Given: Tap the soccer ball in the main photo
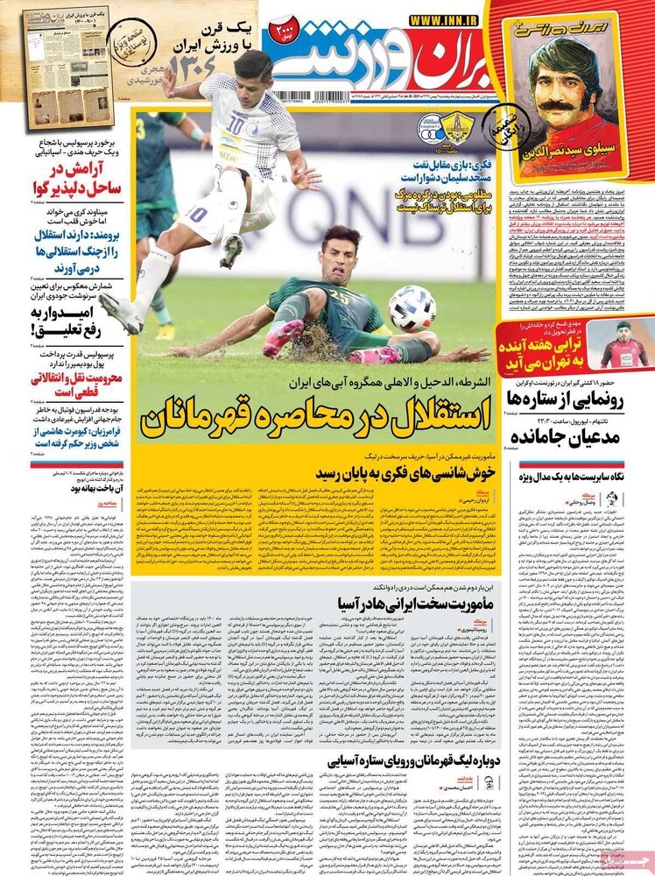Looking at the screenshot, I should point(412,308).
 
